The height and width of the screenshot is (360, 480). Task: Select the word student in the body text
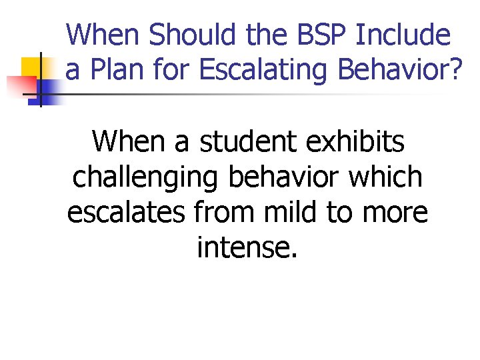pos(236,141)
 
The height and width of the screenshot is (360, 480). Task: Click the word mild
pos(283,212)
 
